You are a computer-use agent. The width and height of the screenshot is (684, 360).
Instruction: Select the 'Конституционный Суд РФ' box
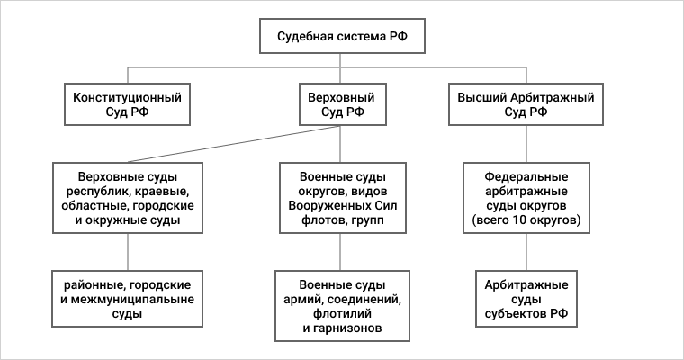(x=129, y=104)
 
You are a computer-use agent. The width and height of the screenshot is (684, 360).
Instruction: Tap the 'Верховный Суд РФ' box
(x=342, y=104)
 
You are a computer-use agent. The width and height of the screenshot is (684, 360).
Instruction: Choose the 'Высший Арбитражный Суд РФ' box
(x=526, y=104)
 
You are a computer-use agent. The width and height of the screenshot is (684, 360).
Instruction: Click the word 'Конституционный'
(x=128, y=96)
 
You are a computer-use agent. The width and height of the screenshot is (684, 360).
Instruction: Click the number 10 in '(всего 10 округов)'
(x=517, y=220)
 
